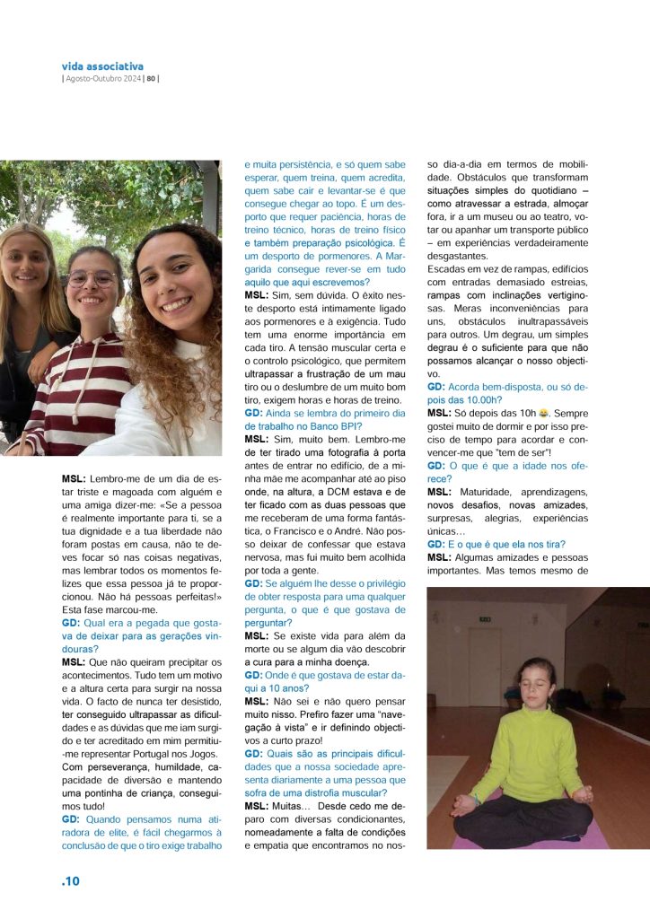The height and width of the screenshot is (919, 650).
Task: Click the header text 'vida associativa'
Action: click(x=102, y=66)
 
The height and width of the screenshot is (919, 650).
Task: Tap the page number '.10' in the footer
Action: click(x=71, y=881)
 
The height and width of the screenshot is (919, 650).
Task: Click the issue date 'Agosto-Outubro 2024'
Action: click(x=104, y=78)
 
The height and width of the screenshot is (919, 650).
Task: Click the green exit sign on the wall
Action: click(x=485, y=619)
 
